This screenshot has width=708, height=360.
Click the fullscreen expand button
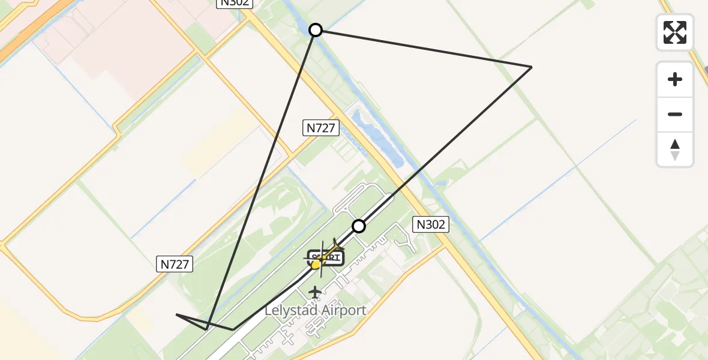675,32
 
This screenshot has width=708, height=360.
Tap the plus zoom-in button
675,80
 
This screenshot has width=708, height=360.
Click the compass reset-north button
675,149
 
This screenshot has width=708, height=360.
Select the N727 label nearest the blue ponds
322,127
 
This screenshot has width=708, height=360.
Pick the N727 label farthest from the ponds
175,263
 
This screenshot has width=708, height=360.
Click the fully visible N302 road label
431,224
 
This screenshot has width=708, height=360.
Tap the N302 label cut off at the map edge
235,3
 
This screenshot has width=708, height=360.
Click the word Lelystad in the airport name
290,311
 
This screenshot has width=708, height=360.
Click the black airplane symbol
315,292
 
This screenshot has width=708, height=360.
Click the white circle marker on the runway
359,226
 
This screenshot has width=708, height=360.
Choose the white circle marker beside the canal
316,30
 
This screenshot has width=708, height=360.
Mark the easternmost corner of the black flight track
531,67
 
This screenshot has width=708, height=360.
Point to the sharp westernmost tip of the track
176,314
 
